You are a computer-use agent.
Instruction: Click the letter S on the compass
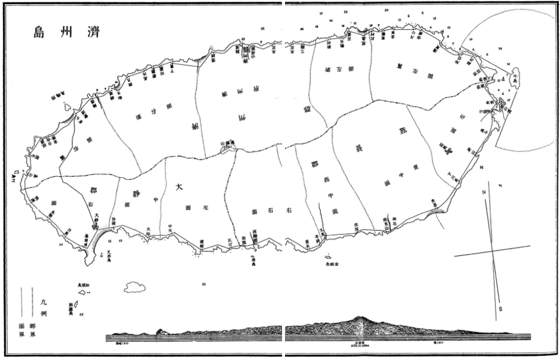[x=500, y=308]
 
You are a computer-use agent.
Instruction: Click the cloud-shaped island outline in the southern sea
[x=135, y=287]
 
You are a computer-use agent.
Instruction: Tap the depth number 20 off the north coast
[x=386, y=11]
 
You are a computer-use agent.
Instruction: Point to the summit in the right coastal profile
[x=358, y=319]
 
